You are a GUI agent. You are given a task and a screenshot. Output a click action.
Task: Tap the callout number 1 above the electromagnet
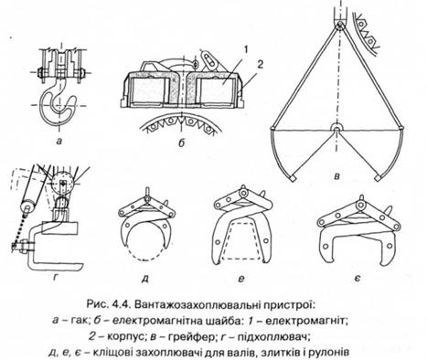pyautogui.click(x=246, y=49)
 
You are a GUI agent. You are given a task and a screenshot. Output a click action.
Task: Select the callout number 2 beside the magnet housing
pyautogui.click(x=261, y=64)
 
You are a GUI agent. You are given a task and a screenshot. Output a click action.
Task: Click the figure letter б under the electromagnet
pyautogui.click(x=182, y=143)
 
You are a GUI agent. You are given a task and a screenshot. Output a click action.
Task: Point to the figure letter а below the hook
pyautogui.click(x=59, y=141)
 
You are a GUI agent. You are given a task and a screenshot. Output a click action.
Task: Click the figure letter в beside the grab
pyautogui.click(x=337, y=176)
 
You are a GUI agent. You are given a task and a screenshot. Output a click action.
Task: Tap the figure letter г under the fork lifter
pyautogui.click(x=55, y=277)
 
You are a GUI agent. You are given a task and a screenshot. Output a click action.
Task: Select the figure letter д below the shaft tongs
pyautogui.click(x=145, y=279)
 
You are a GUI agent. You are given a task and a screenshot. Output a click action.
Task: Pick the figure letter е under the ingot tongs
pyautogui.click(x=241, y=278)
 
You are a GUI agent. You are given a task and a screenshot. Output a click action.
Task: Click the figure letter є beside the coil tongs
pyautogui.click(x=358, y=278)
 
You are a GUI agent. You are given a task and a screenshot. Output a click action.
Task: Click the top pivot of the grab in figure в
pyautogui.click(x=339, y=26)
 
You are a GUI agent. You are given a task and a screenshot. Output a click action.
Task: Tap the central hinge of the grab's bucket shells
pyautogui.click(x=336, y=129)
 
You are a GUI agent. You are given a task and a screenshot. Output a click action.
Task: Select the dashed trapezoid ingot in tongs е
pyautogui.click(x=242, y=241)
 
